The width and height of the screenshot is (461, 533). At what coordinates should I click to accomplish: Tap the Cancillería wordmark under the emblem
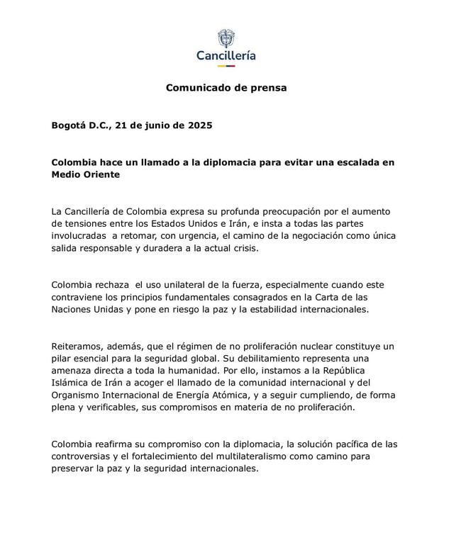click(x=226, y=55)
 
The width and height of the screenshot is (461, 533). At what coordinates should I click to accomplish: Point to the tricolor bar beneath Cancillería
click(x=226, y=66)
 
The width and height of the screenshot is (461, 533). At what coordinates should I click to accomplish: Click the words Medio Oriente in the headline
click(x=86, y=174)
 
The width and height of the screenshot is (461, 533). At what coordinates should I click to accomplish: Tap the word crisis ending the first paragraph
click(x=243, y=249)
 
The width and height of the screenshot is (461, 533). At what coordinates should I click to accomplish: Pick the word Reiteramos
click(x=78, y=347)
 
